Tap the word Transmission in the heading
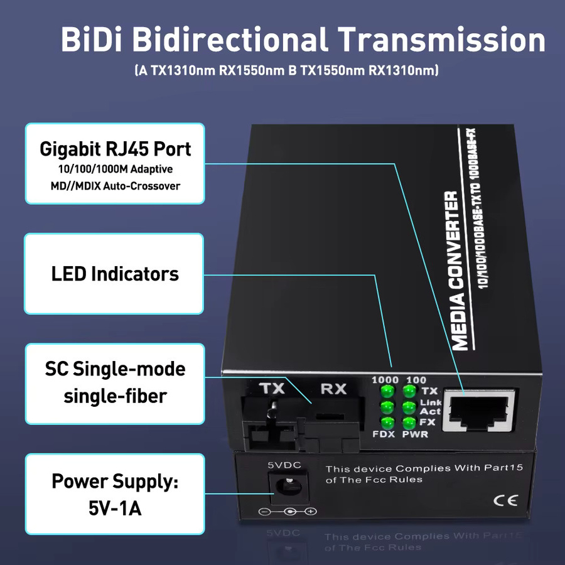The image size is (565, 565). (441, 40)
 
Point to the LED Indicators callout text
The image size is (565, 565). (115, 274)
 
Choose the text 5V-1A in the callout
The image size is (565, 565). (115, 508)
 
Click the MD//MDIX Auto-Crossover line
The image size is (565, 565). (115, 186)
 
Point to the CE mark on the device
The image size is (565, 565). (505, 500)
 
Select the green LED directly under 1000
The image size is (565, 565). (387, 390)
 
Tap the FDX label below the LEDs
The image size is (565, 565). (384, 434)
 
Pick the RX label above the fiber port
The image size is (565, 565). (333, 389)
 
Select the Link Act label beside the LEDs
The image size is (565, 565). (430, 407)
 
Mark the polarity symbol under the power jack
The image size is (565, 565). (288, 511)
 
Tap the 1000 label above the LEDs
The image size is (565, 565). (385, 380)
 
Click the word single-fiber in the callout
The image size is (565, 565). (115, 396)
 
